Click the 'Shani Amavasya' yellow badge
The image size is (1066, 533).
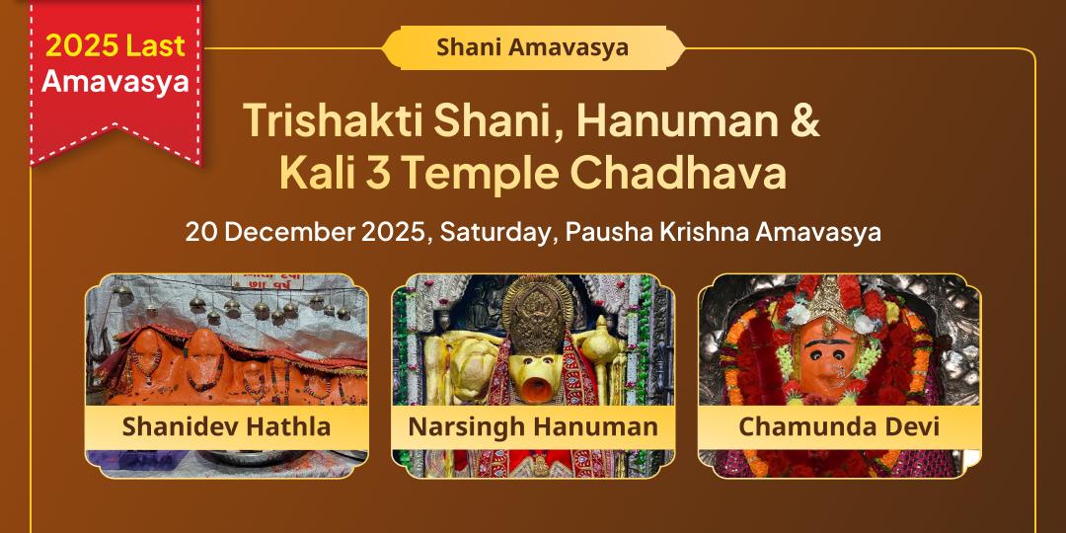(533, 47)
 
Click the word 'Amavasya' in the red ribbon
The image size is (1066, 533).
(114, 82)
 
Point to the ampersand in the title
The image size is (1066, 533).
(804, 120)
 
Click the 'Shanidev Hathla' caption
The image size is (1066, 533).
(226, 427)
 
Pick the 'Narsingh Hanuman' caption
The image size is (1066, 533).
(533, 427)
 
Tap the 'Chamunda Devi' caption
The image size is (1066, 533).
(839, 427)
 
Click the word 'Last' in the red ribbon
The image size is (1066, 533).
(157, 45)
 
